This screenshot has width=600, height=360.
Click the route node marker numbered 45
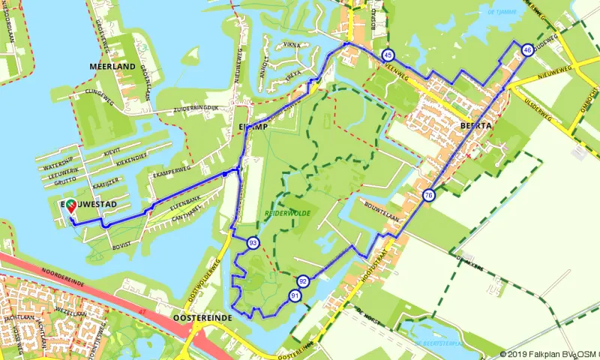pos(388,55)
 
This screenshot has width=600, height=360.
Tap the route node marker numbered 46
pos(528,49)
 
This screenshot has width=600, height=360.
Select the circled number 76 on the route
pos(428,196)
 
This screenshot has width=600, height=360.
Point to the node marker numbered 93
pos(253,243)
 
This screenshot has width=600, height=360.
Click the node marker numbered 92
pos(303,281)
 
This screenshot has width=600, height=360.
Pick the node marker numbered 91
pos(295,296)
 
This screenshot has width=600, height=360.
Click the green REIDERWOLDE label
pos(287,214)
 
